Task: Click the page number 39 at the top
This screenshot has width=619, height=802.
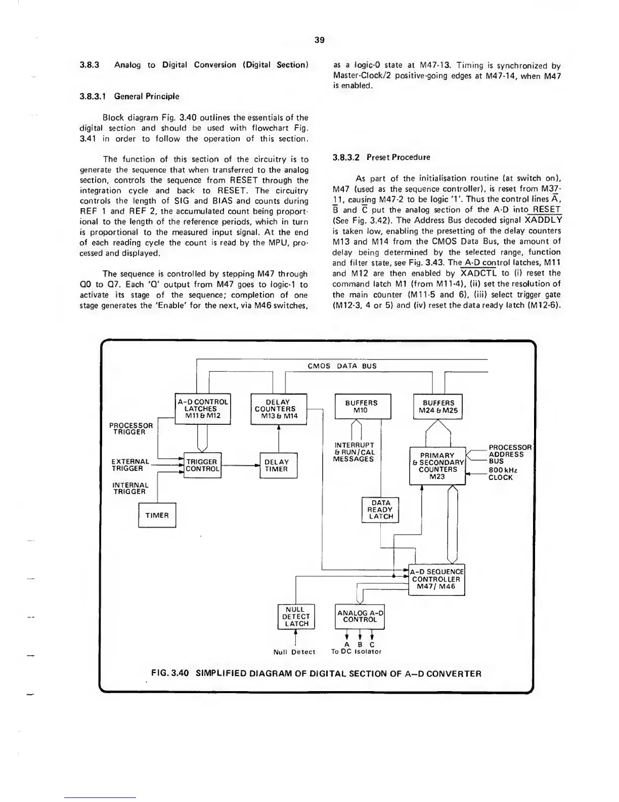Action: coord(319,40)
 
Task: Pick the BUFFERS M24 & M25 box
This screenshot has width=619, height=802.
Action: coord(438,407)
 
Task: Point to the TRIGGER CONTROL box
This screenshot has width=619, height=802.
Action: coord(202,465)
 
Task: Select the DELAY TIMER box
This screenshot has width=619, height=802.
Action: coord(277,465)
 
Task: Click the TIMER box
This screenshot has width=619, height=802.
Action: coord(157,515)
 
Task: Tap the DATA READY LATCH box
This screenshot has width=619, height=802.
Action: coord(381,510)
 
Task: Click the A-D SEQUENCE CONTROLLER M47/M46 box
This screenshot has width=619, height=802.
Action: coord(436,579)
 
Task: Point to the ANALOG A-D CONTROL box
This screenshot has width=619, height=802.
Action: coord(360,616)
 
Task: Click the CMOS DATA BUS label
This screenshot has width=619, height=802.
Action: coord(342,366)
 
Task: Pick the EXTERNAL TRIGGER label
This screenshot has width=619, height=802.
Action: coord(129,465)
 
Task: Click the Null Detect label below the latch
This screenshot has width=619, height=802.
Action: coord(294,652)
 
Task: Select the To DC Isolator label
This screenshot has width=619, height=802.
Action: coord(356,652)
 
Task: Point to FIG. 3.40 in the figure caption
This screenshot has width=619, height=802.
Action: coord(170,674)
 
